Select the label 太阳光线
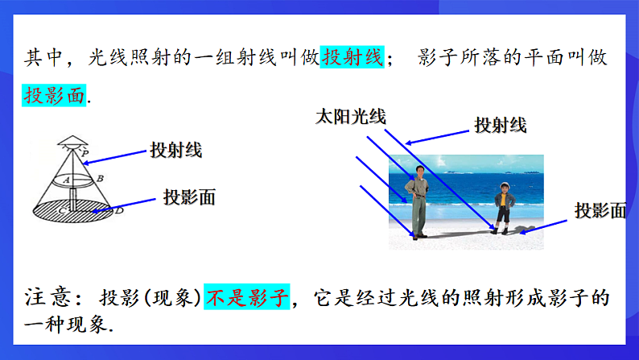pyautogui.click(x=350, y=117)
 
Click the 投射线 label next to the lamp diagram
pyautogui.click(x=175, y=150)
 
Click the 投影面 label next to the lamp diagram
pyautogui.click(x=189, y=197)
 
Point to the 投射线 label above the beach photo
pyautogui.click(x=499, y=125)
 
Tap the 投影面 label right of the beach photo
pyautogui.click(x=600, y=211)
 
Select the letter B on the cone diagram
pyautogui.click(x=99, y=178)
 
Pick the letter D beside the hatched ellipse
pyautogui.click(x=118, y=210)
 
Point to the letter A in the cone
pyautogui.click(x=68, y=179)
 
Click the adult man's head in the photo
pyautogui.click(x=418, y=170)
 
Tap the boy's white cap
pyautogui.click(x=505, y=185)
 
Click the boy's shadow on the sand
pyautogui.click(x=525, y=230)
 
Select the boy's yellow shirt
pyautogui.click(x=504, y=200)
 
